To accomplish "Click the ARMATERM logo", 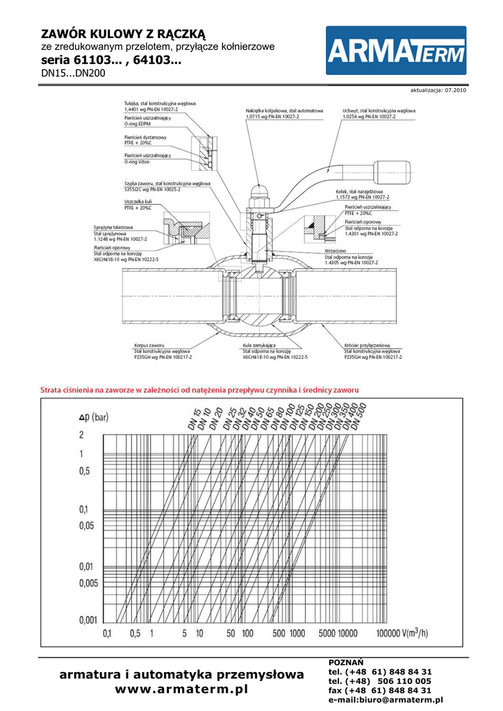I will tap(396, 51).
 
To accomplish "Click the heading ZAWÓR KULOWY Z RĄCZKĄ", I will tap(124, 33).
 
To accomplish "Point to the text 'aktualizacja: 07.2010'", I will tap(438, 90).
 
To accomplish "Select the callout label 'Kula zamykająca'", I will tap(260, 344).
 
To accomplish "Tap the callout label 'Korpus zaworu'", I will tap(149, 344).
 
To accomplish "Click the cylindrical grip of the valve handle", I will tap(395, 169).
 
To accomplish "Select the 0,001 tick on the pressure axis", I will tap(88, 619).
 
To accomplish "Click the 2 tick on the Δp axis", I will tap(81, 435).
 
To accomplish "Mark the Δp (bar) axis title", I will tap(94, 417).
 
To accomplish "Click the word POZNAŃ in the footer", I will tap(345, 662).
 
